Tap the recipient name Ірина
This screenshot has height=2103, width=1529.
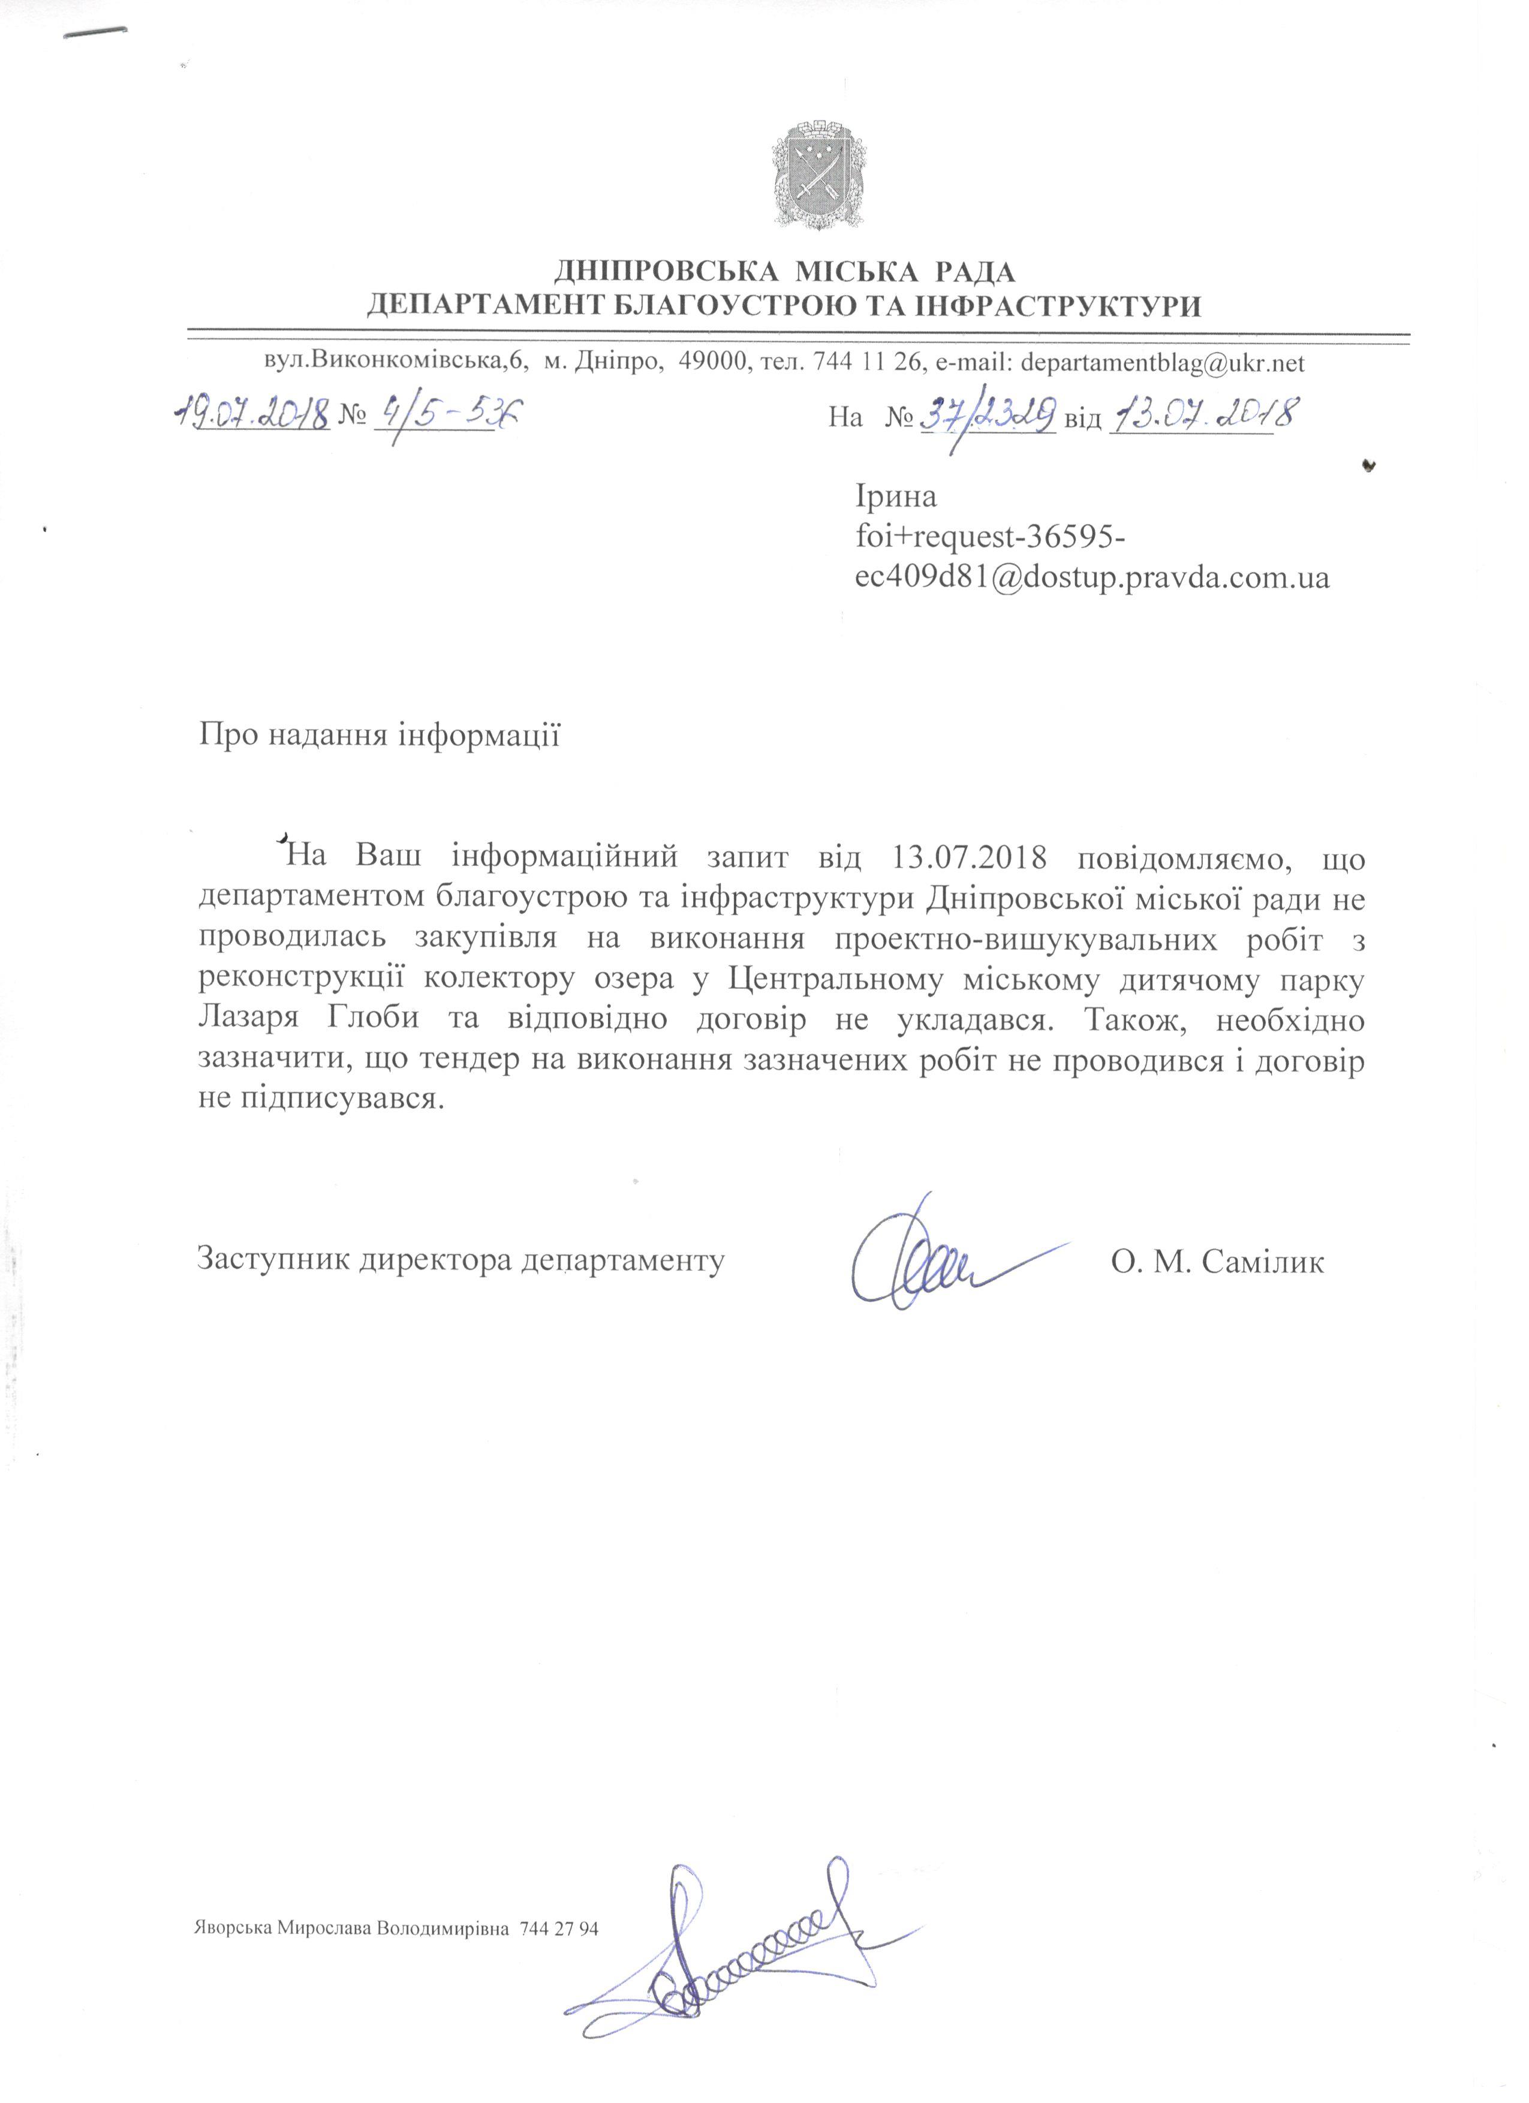[x=896, y=497]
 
